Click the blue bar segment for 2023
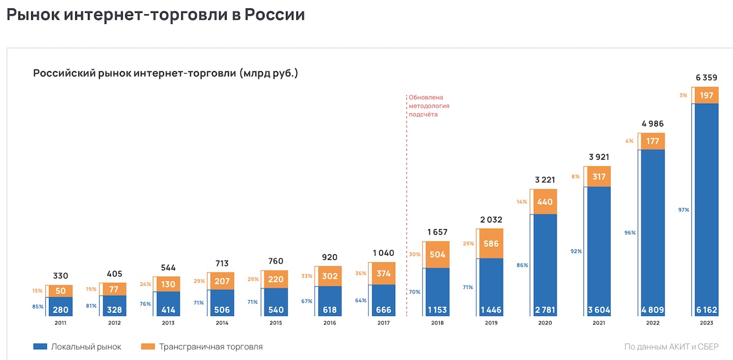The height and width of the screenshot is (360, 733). [x=706, y=208]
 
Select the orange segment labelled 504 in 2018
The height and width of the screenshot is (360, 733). [x=437, y=255]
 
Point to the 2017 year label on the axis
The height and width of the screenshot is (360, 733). [x=384, y=324]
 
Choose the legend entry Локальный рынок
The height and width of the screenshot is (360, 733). [x=78, y=347]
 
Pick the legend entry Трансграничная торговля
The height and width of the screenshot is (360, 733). [x=202, y=347]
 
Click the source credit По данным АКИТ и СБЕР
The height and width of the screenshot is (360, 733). [x=671, y=347]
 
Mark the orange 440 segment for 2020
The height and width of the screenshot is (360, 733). [x=545, y=201]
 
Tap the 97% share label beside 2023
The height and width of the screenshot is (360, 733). [x=683, y=210]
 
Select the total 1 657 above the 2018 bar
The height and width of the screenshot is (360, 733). [x=437, y=232]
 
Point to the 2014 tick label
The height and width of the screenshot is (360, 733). [x=222, y=324]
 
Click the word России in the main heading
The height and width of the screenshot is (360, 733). [x=274, y=14]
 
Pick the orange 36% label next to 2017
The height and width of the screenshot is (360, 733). [x=360, y=273]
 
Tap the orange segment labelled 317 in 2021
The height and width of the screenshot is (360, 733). [x=599, y=177]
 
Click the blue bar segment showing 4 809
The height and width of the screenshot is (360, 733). [x=653, y=232]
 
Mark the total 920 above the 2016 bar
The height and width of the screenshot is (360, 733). [x=330, y=257]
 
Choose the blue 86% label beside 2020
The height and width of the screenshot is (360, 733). [x=522, y=266]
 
